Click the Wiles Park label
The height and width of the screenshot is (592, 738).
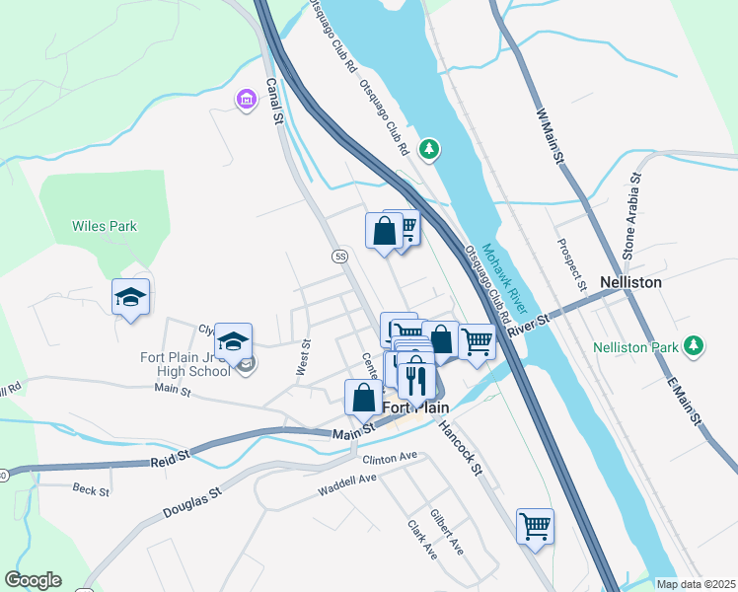(104, 226)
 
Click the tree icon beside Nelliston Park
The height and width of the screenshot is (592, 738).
(695, 345)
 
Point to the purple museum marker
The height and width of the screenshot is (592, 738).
(245, 100)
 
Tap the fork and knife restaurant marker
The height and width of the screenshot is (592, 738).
(416, 377)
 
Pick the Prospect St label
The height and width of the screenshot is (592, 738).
(570, 264)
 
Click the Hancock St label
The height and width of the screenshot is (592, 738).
(459, 447)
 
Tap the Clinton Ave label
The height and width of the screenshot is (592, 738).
(391, 458)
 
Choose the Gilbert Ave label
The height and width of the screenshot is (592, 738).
(447, 533)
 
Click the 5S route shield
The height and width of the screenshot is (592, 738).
(340, 257)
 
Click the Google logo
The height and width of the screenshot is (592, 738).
(33, 580)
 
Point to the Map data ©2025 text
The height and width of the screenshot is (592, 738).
(695, 584)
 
